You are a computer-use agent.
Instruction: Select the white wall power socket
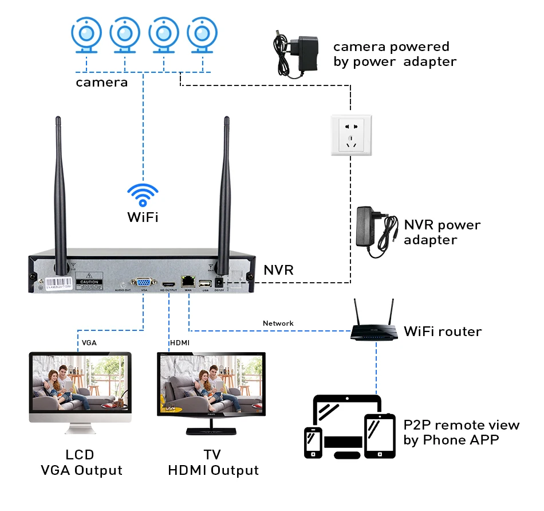pos(351,135)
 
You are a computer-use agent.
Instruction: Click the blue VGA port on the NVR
pos(141,283)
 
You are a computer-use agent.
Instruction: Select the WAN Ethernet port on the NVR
pos(188,281)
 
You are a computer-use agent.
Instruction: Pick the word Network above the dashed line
pos(278,323)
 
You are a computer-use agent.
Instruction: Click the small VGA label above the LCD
pos(89,342)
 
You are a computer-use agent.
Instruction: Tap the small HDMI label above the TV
pos(180,342)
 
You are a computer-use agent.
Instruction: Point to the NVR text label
pos(278,270)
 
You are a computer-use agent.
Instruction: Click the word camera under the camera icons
pos(102,83)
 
